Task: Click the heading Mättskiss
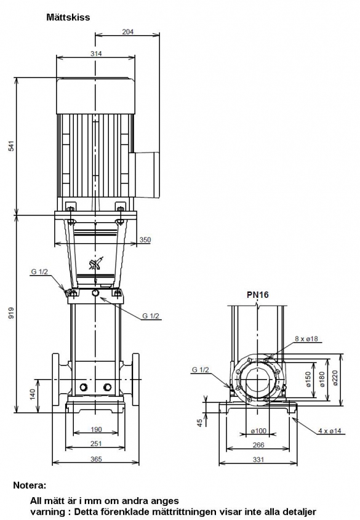coord(68,17)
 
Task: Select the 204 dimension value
coord(127,31)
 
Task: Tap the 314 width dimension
coord(96,54)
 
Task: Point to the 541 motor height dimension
coord(12,146)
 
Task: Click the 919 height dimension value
coord(12,313)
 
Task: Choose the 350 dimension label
coord(145,239)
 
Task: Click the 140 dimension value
coord(33,394)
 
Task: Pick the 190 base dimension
coord(96,430)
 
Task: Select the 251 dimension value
coord(96,444)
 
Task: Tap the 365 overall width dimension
coord(96,459)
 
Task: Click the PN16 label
coord(258,295)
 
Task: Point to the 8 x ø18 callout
coord(306,338)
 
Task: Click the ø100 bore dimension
coord(258,431)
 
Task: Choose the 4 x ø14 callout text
coord(329,431)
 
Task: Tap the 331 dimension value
coord(258,459)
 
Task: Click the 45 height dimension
coord(199,423)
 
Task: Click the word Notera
coord(30,486)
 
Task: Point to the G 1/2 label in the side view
coord(201,369)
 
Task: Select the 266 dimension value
coord(258,445)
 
